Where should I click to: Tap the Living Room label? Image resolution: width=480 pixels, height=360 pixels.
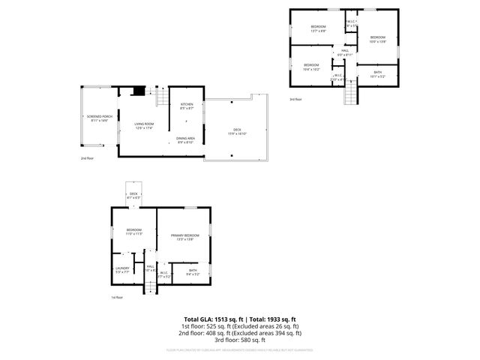coord(144,125)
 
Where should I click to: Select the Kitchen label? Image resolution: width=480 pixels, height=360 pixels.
coord(187,106)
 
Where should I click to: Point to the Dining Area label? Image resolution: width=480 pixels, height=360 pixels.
coord(186,140)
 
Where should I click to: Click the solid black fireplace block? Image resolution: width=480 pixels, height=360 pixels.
coord(138,92)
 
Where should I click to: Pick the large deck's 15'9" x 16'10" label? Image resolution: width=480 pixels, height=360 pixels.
coord(236,132)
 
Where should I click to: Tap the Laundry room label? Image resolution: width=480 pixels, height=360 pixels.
coord(122,268)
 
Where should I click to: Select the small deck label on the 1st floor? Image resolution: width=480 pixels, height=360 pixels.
coord(133,196)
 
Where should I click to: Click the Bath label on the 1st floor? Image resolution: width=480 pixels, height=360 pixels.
coord(193,271)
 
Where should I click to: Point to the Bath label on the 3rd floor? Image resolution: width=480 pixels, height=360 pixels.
coord(377,74)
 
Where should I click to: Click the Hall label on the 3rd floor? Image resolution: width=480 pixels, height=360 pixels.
coord(345,52)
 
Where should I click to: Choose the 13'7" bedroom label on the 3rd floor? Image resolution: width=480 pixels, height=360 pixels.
coord(318,28)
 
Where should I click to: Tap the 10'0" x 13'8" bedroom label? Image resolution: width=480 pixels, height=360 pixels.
coord(377,39)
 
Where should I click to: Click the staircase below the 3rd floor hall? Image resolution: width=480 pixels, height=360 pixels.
coord(349,93)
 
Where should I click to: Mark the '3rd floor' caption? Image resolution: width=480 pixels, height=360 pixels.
coord(295,99)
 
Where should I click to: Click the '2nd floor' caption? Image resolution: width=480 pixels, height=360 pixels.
coord(87,158)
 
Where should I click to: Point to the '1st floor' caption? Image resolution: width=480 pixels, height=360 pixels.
coord(117,297)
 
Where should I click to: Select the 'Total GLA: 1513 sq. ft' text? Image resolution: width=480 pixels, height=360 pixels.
coord(213,319)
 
